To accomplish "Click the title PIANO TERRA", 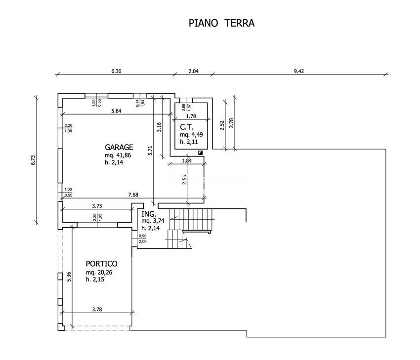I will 222,23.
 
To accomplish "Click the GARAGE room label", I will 119,147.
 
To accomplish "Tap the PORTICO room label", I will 102,264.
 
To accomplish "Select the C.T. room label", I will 186,127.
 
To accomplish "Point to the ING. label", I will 149,214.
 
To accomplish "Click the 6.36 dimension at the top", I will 116,71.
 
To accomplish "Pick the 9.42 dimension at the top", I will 298,71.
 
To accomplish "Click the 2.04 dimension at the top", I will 194,71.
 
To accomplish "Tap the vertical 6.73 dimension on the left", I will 33,160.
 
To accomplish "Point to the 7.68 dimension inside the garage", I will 133,195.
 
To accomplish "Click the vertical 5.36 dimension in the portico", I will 69,277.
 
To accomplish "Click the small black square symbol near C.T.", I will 200,153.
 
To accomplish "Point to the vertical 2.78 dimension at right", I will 231,123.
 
